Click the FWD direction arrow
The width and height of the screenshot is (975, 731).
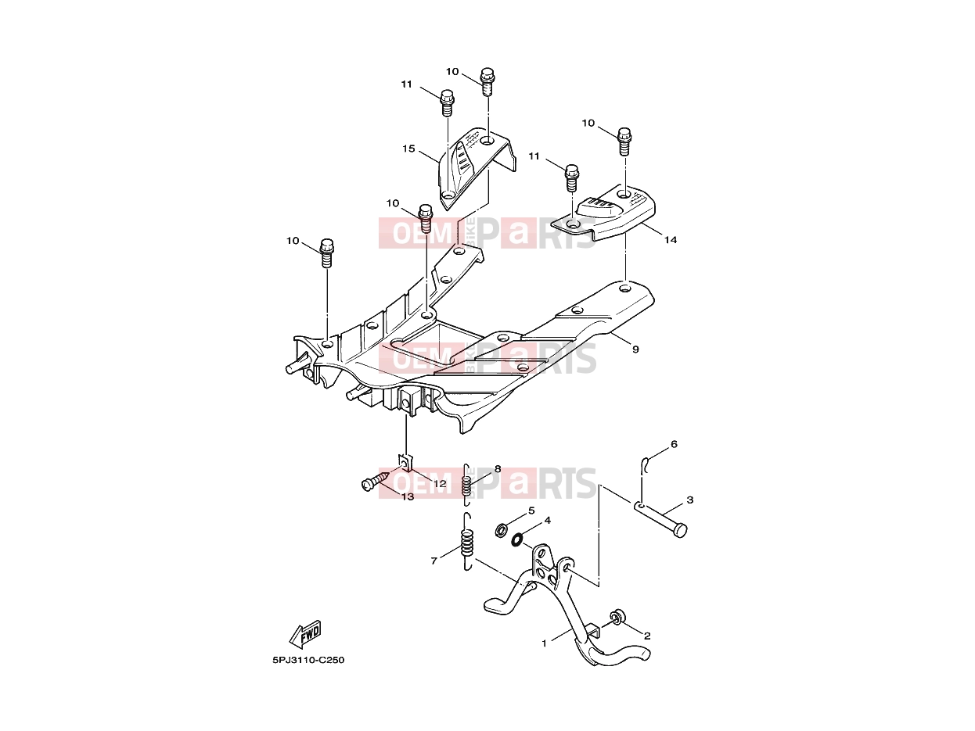click(x=304, y=634)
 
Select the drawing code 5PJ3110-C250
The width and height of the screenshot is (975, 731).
click(x=308, y=660)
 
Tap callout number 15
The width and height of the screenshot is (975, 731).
click(x=408, y=149)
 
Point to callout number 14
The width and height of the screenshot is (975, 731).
click(x=671, y=240)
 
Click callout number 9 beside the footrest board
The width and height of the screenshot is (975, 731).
click(x=635, y=349)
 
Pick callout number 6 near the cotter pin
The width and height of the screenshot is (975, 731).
click(x=674, y=444)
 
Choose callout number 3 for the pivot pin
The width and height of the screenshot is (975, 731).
click(x=690, y=500)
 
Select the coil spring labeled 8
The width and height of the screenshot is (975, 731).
click(x=466, y=484)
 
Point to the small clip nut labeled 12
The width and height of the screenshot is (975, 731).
click(x=405, y=462)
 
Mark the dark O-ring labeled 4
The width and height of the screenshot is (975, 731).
click(x=516, y=539)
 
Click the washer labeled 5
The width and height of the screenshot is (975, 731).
click(x=502, y=529)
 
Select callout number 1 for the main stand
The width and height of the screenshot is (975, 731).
click(x=544, y=643)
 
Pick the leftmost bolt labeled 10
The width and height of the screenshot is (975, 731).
click(x=326, y=253)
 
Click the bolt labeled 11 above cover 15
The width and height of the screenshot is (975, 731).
click(x=448, y=102)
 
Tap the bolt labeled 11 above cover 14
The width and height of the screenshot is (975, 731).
click(x=572, y=177)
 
